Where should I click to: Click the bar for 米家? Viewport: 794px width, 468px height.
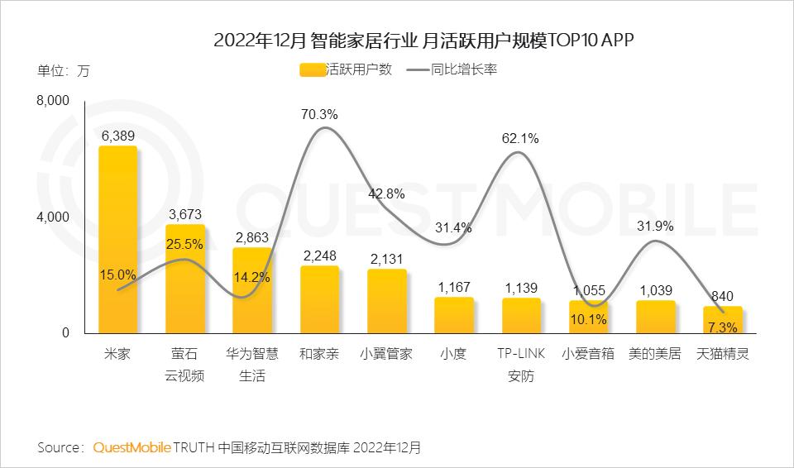tap(117, 240)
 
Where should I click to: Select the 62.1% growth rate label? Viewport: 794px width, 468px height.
tap(520, 139)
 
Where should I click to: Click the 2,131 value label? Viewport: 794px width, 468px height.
tap(387, 259)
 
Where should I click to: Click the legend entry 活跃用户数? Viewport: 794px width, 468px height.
tap(346, 70)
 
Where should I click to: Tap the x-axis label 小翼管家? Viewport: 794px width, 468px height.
tap(387, 354)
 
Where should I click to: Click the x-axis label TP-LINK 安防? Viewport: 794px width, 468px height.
tap(520, 365)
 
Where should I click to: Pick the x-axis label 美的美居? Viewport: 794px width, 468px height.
tap(655, 354)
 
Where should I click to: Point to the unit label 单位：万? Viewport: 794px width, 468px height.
tap(64, 70)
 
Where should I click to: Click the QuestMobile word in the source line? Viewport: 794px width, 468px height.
tap(132, 448)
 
